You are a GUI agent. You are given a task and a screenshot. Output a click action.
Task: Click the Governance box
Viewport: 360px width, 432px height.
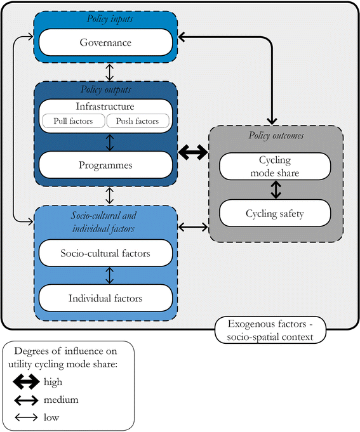pyautogui.click(x=105, y=43)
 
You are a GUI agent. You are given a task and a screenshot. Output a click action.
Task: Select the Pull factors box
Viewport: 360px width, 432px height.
pyautogui.click(x=72, y=121)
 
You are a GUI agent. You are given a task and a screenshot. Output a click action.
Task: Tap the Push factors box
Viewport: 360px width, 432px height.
pyautogui.click(x=137, y=121)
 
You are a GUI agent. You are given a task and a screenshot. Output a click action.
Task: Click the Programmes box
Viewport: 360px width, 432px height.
pyautogui.click(x=105, y=165)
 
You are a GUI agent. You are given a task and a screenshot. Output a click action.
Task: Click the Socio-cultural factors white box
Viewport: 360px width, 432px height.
pyautogui.click(x=105, y=254)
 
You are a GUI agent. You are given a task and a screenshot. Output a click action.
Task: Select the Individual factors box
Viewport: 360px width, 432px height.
pyautogui.click(x=105, y=298)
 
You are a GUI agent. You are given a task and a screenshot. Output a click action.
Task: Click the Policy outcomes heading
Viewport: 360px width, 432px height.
pyautogui.click(x=276, y=135)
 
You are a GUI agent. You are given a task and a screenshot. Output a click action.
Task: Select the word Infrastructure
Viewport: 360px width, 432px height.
pyautogui.click(x=105, y=106)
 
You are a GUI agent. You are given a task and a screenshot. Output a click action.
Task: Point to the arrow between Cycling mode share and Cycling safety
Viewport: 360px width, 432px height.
pyautogui.click(x=276, y=190)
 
